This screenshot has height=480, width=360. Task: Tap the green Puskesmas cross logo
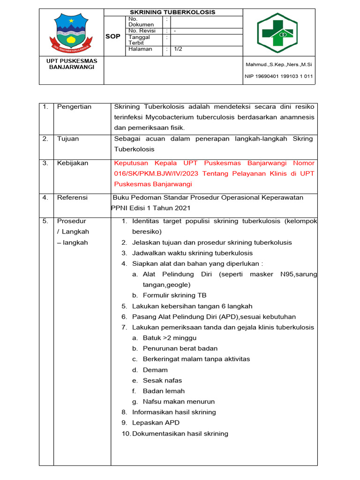pos(279,32)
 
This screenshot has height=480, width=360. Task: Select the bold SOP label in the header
pos(113,37)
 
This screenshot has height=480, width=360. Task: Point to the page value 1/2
pos(179,49)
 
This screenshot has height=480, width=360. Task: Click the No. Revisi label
pos(142,31)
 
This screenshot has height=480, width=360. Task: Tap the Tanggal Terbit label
pos(139,40)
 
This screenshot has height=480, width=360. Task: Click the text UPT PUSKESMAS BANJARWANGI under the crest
pos(72,64)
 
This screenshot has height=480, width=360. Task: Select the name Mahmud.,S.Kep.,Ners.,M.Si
pos(279,64)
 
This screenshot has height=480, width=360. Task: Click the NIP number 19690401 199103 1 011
pos(279,76)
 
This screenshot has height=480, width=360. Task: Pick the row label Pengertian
pos(74,107)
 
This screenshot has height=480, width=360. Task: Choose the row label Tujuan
pos(68,139)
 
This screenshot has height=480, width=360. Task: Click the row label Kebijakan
pos(72,163)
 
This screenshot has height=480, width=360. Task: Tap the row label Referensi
pos(72,198)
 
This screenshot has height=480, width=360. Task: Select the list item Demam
pos(155,370)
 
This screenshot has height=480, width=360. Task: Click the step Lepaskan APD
pos(156,423)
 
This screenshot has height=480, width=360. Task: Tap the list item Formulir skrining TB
pos(174,295)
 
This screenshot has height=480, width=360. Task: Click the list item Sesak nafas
pos(162,381)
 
